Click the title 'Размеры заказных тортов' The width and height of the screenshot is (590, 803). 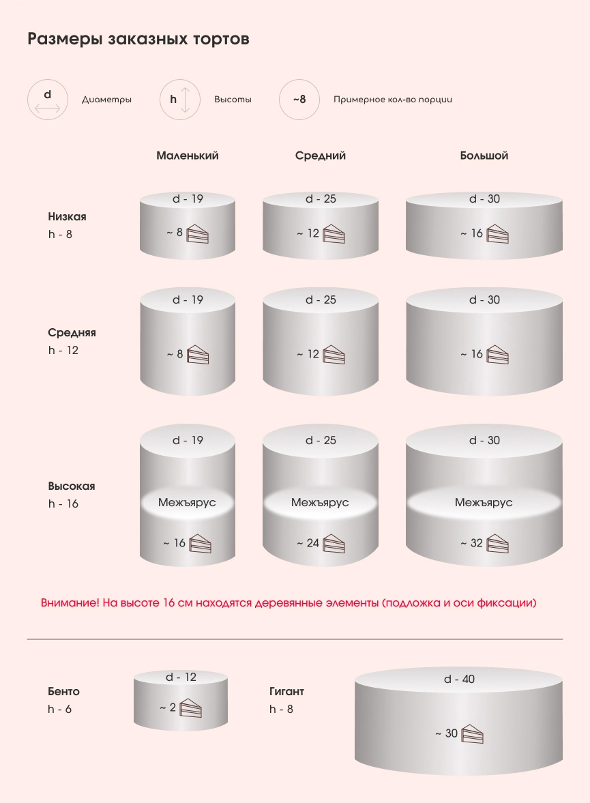[138, 39]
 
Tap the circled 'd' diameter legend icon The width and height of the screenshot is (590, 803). [48, 100]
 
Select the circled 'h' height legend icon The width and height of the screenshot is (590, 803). [179, 100]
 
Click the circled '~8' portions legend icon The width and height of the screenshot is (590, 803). [299, 100]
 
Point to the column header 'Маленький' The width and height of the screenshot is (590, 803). [188, 156]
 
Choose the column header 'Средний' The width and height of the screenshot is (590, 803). [321, 156]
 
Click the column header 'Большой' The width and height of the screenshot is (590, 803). [484, 156]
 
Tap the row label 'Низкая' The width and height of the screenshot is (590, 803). [67, 217]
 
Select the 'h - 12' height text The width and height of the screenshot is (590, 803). [63, 351]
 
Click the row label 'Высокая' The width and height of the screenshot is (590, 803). [72, 486]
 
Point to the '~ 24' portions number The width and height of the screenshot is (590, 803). [308, 544]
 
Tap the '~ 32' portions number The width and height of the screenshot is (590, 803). [471, 544]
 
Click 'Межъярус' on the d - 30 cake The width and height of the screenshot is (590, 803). [484, 502]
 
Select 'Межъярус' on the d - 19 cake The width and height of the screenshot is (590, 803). [187, 502]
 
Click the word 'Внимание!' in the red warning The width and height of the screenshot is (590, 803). [70, 603]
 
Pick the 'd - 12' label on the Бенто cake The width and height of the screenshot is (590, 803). [181, 677]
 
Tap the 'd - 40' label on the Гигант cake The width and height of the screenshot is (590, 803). [459, 680]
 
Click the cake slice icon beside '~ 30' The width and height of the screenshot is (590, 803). [472, 733]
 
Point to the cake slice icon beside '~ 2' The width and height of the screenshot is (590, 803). [191, 708]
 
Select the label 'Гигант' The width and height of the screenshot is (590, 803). [286, 692]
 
